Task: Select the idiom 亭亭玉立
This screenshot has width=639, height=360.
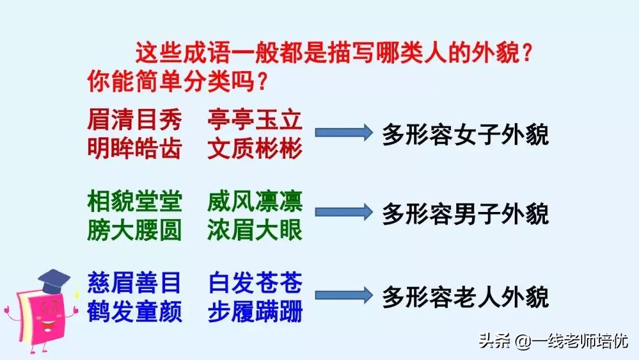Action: (x=255, y=121)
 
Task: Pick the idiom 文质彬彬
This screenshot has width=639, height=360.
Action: (x=255, y=148)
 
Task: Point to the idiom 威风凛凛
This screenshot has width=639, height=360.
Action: (x=255, y=202)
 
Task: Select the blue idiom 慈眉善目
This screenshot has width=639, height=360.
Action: (x=134, y=283)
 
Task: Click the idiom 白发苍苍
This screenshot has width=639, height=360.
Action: (x=255, y=283)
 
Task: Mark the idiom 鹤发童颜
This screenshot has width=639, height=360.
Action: (x=134, y=311)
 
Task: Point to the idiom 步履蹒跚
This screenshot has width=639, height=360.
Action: (x=255, y=311)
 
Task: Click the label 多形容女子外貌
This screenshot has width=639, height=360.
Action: (x=466, y=134)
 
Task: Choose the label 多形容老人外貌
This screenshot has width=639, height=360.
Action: (x=466, y=296)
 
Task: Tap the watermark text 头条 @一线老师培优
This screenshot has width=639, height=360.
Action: (x=554, y=342)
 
